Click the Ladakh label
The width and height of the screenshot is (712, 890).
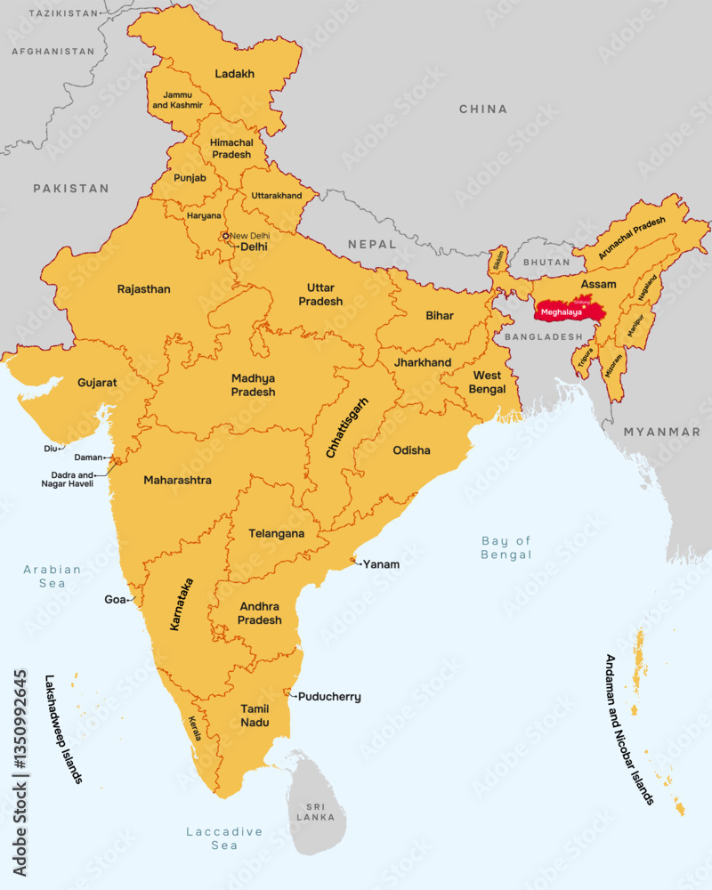pyautogui.click(x=235, y=74)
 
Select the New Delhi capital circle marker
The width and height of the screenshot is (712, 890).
pyautogui.click(x=226, y=236)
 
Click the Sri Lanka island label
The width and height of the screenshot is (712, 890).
pyautogui.click(x=316, y=811)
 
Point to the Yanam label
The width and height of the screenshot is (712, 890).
pyautogui.click(x=381, y=564)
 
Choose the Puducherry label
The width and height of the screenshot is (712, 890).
pyautogui.click(x=329, y=697)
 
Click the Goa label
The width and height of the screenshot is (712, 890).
pyautogui.click(x=116, y=600)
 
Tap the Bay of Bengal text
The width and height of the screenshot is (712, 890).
pyautogui.click(x=506, y=547)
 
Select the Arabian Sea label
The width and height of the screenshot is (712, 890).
pyautogui.click(x=53, y=576)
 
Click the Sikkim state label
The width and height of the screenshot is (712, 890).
pyautogui.click(x=499, y=260)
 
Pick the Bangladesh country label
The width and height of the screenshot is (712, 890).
pyautogui.click(x=542, y=337)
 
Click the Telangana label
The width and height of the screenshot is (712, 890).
pyautogui.click(x=276, y=534)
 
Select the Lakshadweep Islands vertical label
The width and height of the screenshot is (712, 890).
pyautogui.click(x=63, y=729)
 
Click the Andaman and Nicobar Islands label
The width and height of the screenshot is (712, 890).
pyautogui.click(x=628, y=730)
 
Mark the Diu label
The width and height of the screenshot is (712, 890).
pyautogui.click(x=50, y=449)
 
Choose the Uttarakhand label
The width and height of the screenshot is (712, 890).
pyautogui.click(x=277, y=196)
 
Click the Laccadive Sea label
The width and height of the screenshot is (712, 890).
pyautogui.click(x=224, y=837)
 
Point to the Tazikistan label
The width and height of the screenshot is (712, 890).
pyautogui.click(x=63, y=13)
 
